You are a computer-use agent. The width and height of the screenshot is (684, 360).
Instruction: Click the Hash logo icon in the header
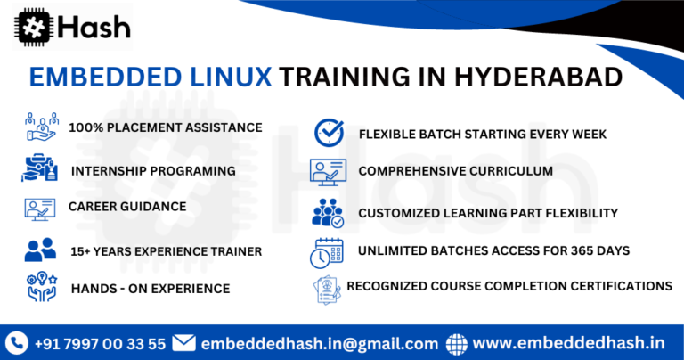tap(32, 26)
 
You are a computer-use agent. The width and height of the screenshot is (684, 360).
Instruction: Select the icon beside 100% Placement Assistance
tap(41, 127)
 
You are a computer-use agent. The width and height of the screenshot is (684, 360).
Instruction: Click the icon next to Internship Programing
tap(40, 168)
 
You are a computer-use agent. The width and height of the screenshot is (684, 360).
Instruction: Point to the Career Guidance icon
tap(40, 209)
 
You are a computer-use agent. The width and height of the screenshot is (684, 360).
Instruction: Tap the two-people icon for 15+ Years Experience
tap(40, 250)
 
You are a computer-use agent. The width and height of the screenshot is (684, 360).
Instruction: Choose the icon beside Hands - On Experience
tap(40, 287)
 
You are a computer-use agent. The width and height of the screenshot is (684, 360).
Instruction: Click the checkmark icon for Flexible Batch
tap(329, 132)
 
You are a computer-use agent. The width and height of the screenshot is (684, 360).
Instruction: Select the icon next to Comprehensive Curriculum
tap(327, 170)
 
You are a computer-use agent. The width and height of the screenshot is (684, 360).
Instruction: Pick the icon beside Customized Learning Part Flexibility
tap(327, 212)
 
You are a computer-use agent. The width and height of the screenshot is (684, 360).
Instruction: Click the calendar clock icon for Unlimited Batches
tap(326, 252)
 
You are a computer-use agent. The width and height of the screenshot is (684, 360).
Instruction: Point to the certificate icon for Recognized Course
tap(327, 289)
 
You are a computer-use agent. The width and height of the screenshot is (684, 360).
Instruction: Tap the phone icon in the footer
tap(17, 342)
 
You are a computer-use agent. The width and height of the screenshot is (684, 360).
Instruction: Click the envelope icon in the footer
tap(183, 342)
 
